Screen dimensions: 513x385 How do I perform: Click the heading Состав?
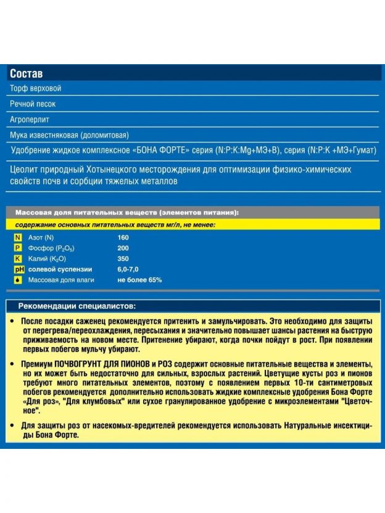[26, 73]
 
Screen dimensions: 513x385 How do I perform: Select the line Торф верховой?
[35, 89]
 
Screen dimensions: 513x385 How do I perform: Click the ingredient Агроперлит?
[30, 119]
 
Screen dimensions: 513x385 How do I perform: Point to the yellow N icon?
[18, 237]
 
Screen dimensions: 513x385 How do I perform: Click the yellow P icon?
[18, 248]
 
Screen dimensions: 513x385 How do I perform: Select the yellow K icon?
[18, 258]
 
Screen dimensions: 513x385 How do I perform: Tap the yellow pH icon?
[18, 269]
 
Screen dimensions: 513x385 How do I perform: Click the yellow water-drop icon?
[18, 280]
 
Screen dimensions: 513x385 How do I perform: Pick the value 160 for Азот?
[123, 237]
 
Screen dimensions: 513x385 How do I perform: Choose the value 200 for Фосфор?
[123, 248]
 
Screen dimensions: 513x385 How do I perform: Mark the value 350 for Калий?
[123, 258]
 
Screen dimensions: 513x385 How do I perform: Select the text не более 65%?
[140, 280]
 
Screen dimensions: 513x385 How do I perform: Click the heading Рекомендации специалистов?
[77, 306]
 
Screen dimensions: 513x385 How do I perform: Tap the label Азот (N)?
[41, 237]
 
